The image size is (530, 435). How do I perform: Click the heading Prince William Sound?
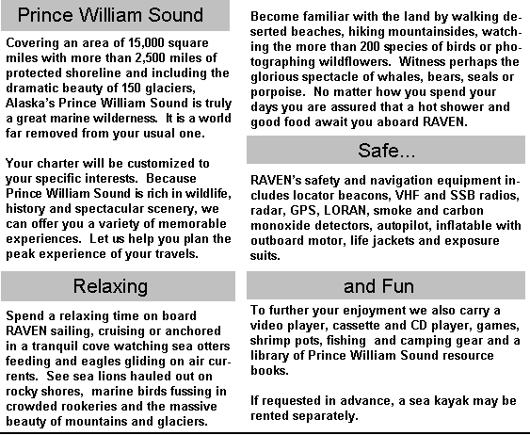click(110, 15)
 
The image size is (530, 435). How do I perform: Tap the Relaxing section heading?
click(110, 286)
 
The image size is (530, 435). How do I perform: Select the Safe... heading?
click(386, 151)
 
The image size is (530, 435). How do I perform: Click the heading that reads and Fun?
click(378, 286)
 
